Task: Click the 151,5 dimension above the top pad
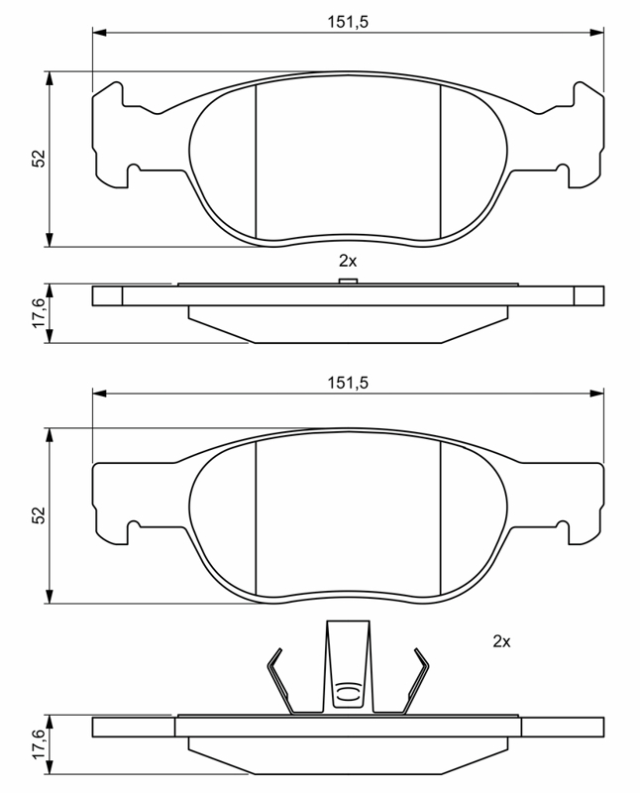[x=348, y=22]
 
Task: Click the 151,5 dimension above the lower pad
[x=348, y=383]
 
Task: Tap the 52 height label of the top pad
[x=39, y=159]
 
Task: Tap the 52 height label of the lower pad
[x=39, y=514]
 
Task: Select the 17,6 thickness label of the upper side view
[x=39, y=312]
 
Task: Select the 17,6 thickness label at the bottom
[x=39, y=744]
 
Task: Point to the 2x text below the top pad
[x=348, y=261]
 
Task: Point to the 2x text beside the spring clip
[x=501, y=641]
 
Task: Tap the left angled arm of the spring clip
[x=279, y=680]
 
